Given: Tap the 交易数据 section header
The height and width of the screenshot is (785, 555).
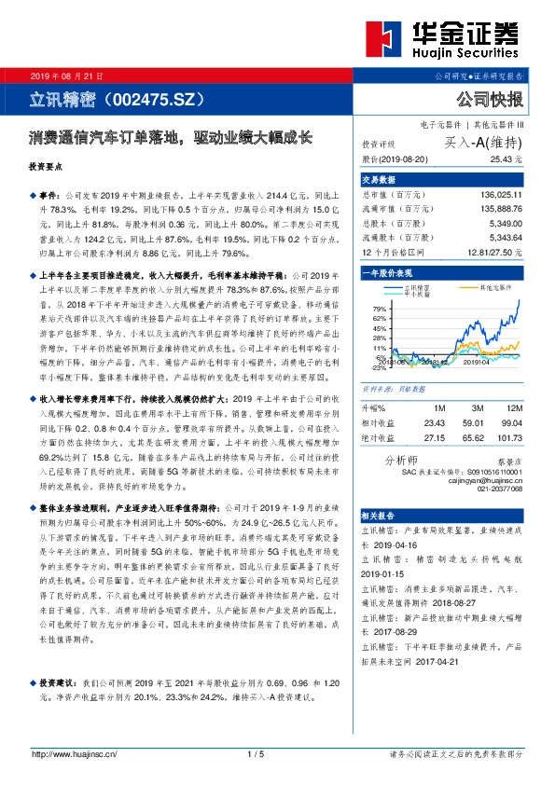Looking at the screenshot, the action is click(380, 179).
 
